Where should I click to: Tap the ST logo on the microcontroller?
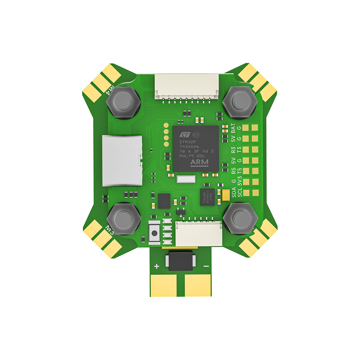click(184, 134)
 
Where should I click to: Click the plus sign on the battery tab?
click(157, 266)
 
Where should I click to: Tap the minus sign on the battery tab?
click(206, 266)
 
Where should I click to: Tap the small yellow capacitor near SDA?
click(226, 195)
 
